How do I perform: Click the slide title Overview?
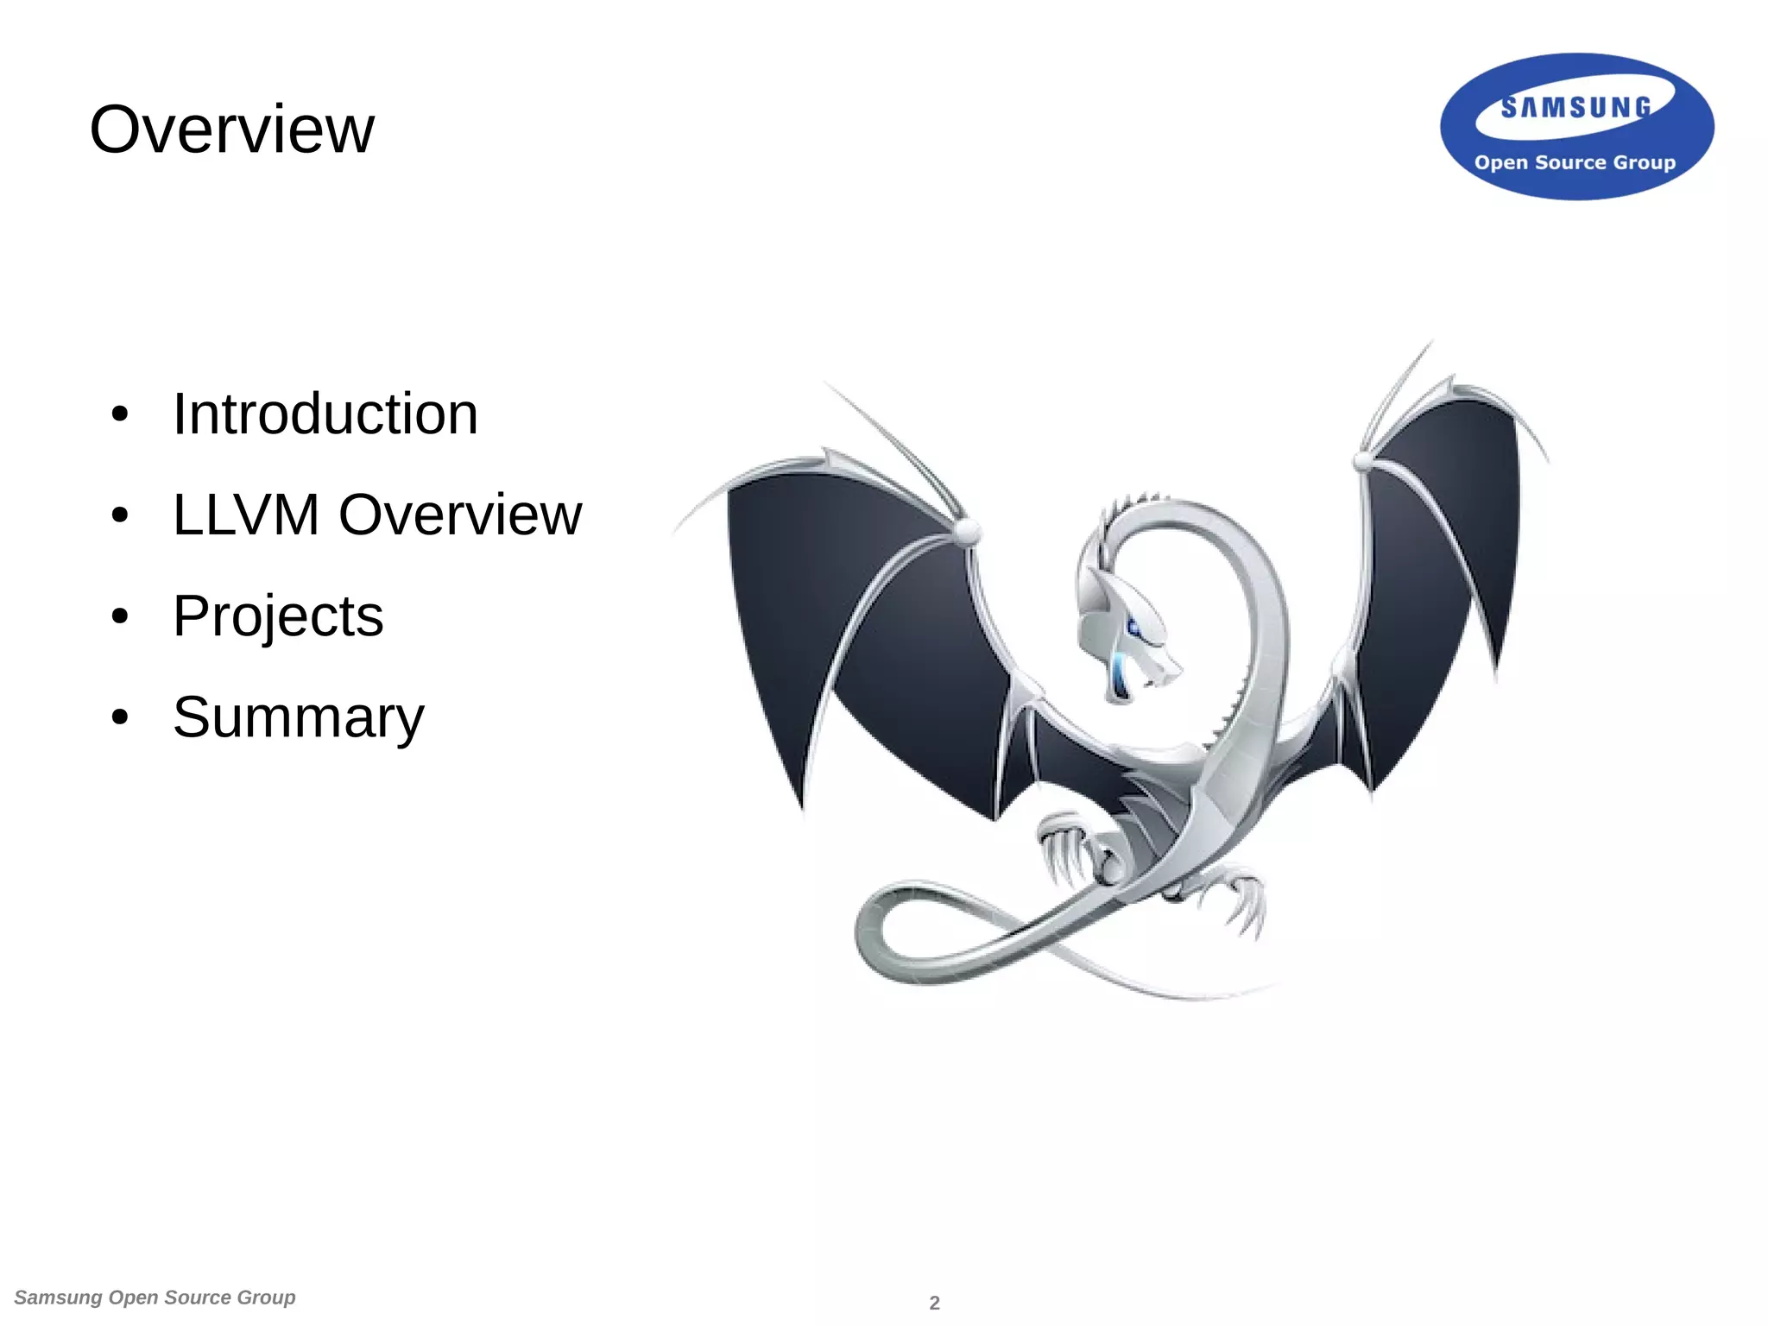pyautogui.click(x=231, y=129)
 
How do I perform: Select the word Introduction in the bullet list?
pyautogui.click(x=325, y=414)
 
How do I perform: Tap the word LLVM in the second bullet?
pyautogui.click(x=246, y=515)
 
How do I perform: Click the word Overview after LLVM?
pyautogui.click(x=460, y=515)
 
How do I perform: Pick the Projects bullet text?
pyautogui.click(x=278, y=616)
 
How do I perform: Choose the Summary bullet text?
pyautogui.click(x=299, y=717)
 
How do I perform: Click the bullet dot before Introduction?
pyautogui.click(x=120, y=415)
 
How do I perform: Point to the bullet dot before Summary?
pyautogui.click(x=120, y=717)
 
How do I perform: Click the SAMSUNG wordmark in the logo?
pyautogui.click(x=1575, y=108)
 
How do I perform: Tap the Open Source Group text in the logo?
pyautogui.click(x=1575, y=162)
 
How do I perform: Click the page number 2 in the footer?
pyautogui.click(x=934, y=1303)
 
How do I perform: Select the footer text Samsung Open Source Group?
pyautogui.click(x=155, y=1298)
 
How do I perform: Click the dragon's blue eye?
pyautogui.click(x=1133, y=628)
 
